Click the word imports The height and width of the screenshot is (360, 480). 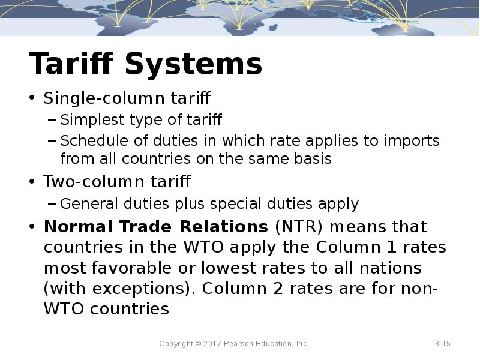tap(413, 141)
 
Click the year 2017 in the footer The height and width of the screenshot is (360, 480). tap(212, 344)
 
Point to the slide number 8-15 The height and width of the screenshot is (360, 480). tap(443, 344)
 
